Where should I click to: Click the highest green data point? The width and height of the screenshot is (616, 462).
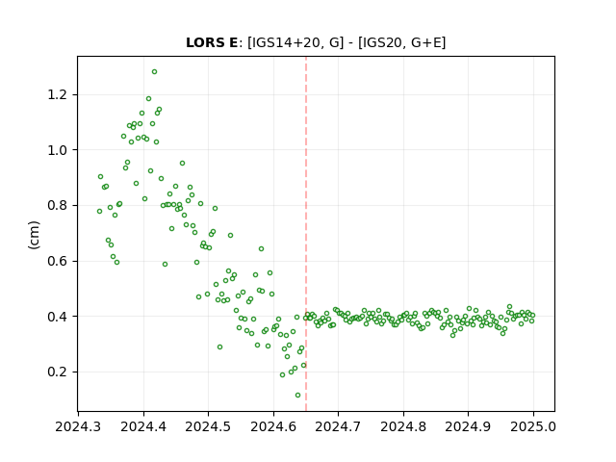pyautogui.click(x=154, y=72)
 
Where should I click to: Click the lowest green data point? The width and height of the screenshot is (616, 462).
pyautogui.click(x=297, y=396)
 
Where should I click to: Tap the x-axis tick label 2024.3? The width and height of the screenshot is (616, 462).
pyautogui.click(x=78, y=426)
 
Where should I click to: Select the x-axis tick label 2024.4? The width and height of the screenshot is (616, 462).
pyautogui.click(x=143, y=426)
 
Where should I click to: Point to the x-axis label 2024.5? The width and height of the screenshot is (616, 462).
pyautogui.click(x=208, y=426)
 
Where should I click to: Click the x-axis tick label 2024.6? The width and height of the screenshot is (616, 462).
pyautogui.click(x=273, y=426)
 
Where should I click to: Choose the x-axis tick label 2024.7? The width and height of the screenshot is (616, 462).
pyautogui.click(x=338, y=426)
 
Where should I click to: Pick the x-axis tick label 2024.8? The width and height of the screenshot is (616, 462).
pyautogui.click(x=403, y=426)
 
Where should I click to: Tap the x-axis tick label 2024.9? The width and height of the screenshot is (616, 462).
pyautogui.click(x=469, y=426)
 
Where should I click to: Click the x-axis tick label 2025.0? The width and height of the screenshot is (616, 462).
pyautogui.click(x=533, y=426)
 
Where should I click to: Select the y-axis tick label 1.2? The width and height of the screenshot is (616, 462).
pyautogui.click(x=57, y=94)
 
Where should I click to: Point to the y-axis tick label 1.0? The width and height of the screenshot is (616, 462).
pyautogui.click(x=57, y=150)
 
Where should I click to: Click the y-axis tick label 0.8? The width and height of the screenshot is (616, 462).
pyautogui.click(x=57, y=205)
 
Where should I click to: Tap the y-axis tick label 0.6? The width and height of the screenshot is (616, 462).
pyautogui.click(x=57, y=261)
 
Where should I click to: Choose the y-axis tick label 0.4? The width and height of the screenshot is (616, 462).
pyautogui.click(x=57, y=317)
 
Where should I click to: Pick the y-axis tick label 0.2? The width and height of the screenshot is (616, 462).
pyautogui.click(x=57, y=372)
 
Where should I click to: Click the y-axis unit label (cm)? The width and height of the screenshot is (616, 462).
pyautogui.click(x=34, y=235)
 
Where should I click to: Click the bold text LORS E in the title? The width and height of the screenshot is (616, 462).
pyautogui.click(x=212, y=42)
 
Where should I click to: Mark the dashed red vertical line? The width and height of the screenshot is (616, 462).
pyautogui.click(x=306, y=234)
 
